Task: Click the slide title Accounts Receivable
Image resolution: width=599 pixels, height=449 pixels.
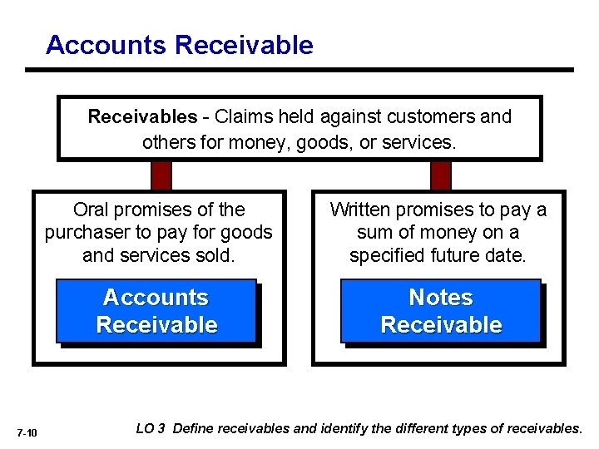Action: (x=180, y=45)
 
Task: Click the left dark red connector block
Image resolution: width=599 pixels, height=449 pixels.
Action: (x=161, y=175)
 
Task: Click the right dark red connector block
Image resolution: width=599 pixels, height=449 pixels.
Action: (x=439, y=175)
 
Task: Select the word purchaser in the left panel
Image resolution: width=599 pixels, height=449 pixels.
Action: (x=86, y=233)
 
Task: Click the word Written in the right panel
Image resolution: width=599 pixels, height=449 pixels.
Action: (x=363, y=210)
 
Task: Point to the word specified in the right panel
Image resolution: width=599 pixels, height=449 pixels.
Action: (x=386, y=255)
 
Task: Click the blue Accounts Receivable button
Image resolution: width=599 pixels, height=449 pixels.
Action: (x=156, y=311)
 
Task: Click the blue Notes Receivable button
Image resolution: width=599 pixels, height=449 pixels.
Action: (x=441, y=311)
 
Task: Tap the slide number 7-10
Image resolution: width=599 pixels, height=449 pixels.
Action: (x=27, y=432)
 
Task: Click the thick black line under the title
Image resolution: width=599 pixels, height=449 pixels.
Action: (x=299, y=70)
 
